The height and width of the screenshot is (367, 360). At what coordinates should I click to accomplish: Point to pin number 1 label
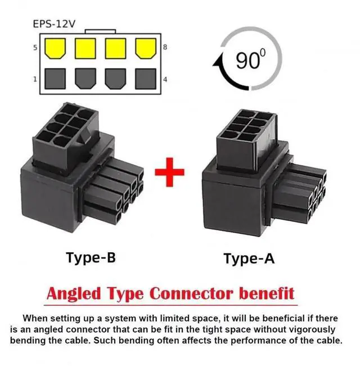[35, 79]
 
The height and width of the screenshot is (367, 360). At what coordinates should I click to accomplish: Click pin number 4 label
[165, 79]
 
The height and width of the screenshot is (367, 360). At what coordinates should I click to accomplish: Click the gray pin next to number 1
[55, 78]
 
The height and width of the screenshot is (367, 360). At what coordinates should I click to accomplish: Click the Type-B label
[91, 257]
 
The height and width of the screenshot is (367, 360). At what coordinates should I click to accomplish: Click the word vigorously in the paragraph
[309, 329]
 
